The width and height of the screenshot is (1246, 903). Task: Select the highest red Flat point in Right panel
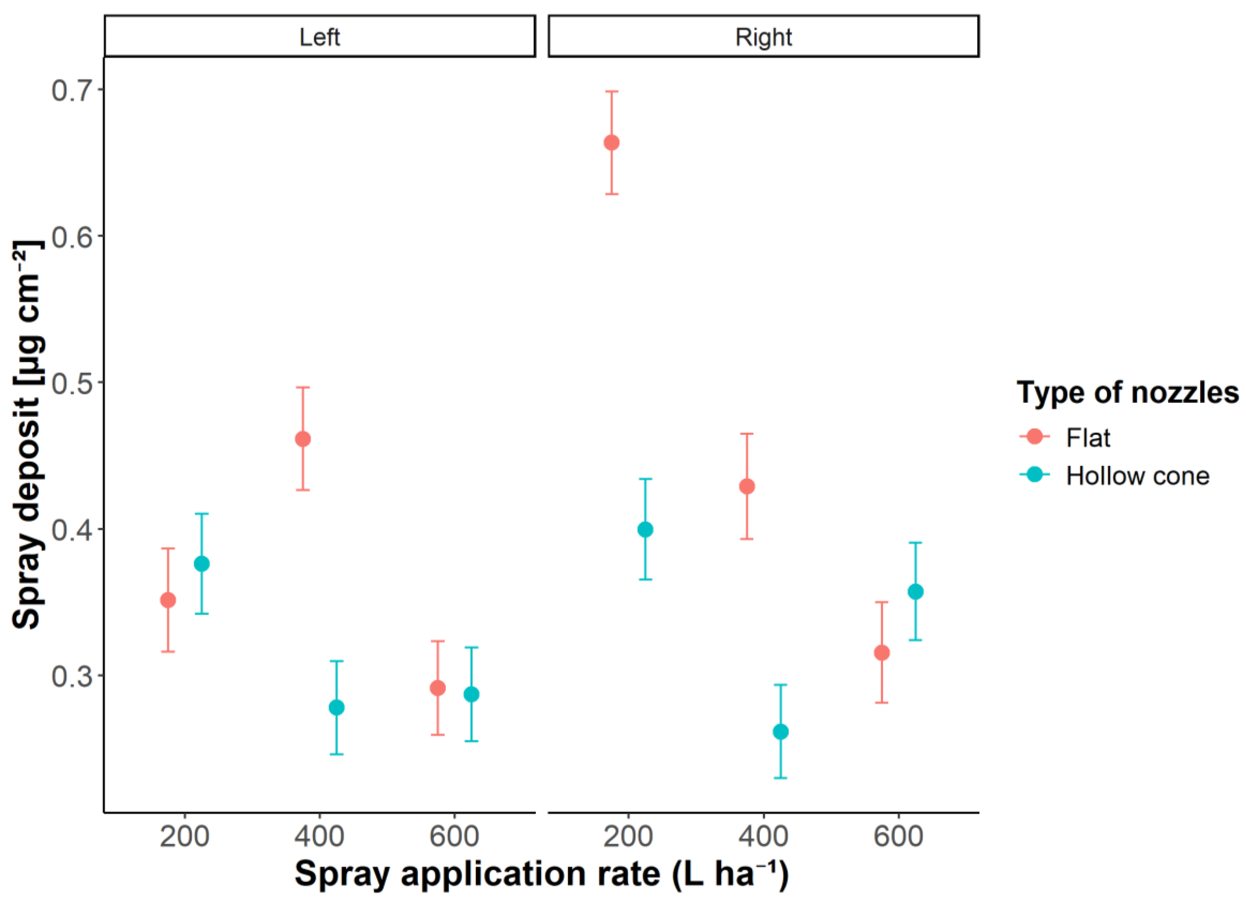(611, 143)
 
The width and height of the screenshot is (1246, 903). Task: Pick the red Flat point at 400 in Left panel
(303, 439)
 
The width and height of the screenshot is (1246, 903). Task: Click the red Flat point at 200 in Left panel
(167, 600)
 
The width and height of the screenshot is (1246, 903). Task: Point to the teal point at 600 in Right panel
(915, 592)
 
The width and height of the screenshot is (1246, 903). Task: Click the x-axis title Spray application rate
(541, 874)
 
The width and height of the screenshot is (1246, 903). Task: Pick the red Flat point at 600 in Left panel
(437, 688)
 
